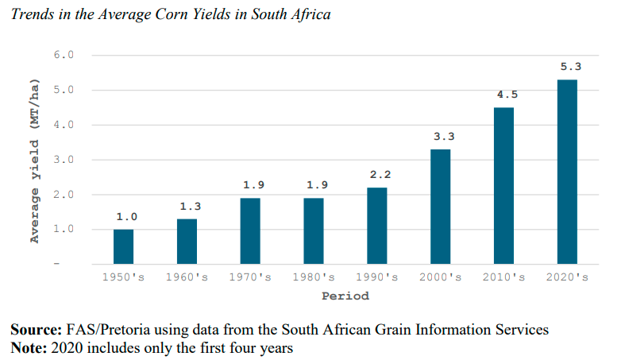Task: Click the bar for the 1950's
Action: pyautogui.click(x=123, y=247)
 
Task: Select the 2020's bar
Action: pyautogui.click(x=567, y=172)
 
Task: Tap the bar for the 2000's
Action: pyautogui.click(x=441, y=207)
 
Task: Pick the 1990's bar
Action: pyautogui.click(x=377, y=226)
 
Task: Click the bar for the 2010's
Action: pyautogui.click(x=503, y=186)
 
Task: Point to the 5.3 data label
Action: pyautogui.click(x=571, y=67)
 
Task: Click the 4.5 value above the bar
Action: pyautogui.click(x=507, y=95)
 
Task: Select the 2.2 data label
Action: pyautogui.click(x=380, y=175)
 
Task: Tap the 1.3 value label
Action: pyautogui.click(x=190, y=207)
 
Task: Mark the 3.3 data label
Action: pyautogui.click(x=444, y=137)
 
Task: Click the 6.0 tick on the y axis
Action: pyautogui.click(x=64, y=55)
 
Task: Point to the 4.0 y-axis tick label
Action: pyautogui.click(x=64, y=125)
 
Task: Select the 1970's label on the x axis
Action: pyautogui.click(x=250, y=277)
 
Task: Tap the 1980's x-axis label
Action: pyautogui.click(x=314, y=277)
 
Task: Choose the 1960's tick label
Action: pyautogui.click(x=187, y=277)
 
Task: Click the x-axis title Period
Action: pyautogui.click(x=345, y=296)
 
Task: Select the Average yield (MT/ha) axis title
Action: pyautogui.click(x=35, y=161)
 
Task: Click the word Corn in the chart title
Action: pyautogui.click(x=172, y=14)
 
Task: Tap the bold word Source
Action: pyautogui.click(x=37, y=330)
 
